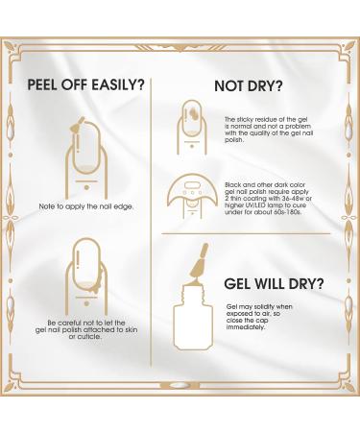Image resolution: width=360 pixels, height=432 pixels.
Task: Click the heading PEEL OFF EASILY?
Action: (87, 84)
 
